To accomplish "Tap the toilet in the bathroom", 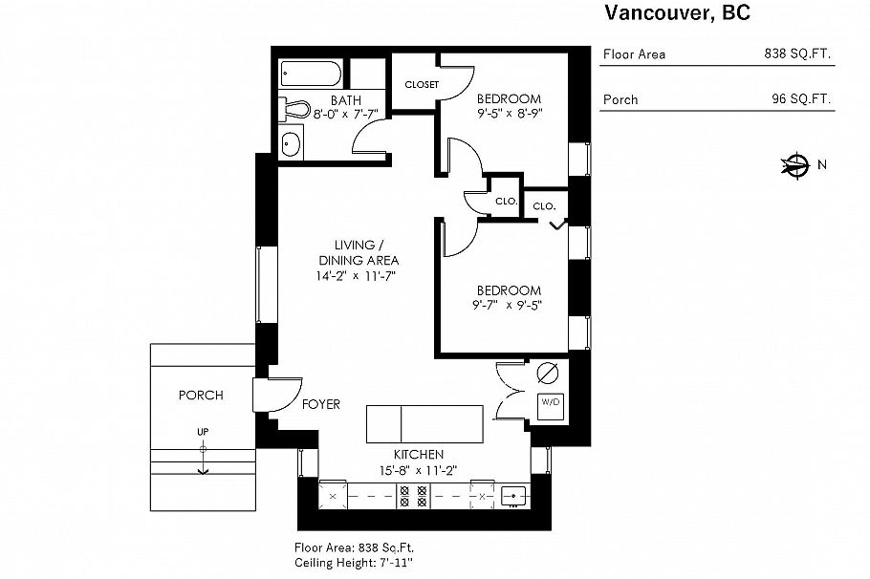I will tap(295, 110).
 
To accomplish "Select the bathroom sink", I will tap(291, 144).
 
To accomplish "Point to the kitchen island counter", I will tap(425, 421).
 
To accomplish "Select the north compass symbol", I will tap(794, 165).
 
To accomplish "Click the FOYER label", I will tap(320, 405).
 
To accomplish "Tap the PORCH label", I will tap(201, 395).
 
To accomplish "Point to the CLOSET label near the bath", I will tap(422, 84).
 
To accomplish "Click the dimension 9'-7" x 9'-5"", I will tap(507, 306).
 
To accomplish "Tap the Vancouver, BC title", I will tap(676, 12).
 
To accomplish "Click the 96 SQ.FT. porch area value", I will tap(801, 99).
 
